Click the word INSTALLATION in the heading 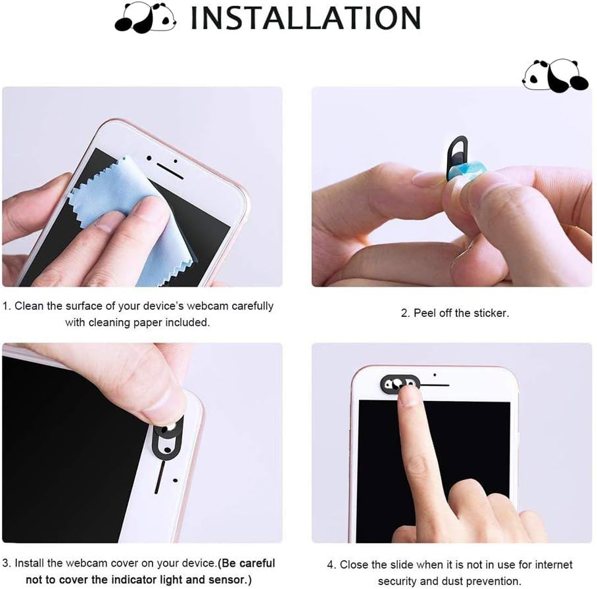point(306,18)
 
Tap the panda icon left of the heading point(145,17)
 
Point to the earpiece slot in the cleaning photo point(170,172)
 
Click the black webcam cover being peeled point(457,156)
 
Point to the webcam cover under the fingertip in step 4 point(400,383)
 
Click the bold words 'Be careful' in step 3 point(248,563)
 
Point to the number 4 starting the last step point(330,564)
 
